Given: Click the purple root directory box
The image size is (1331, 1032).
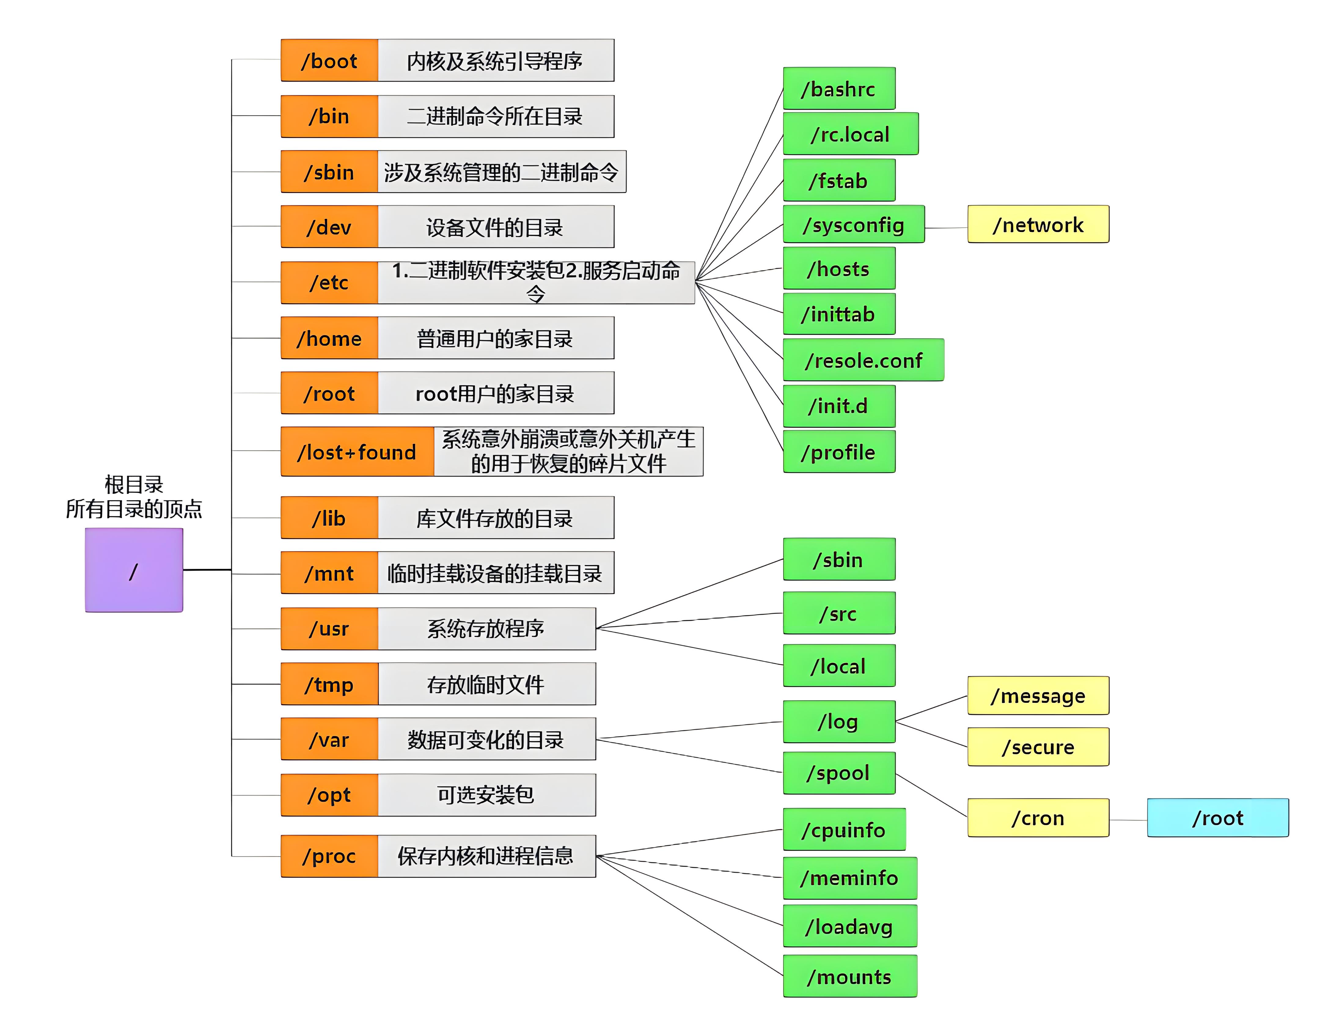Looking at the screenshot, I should (134, 570).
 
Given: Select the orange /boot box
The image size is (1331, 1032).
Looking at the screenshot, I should (329, 60).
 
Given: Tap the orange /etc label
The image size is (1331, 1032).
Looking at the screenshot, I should (329, 282).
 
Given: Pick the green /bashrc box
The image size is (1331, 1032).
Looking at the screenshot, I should (838, 89).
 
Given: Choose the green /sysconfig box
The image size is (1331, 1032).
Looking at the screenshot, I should (853, 225).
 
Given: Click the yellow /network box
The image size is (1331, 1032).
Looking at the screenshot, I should (1038, 225).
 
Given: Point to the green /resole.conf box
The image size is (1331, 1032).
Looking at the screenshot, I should (863, 360).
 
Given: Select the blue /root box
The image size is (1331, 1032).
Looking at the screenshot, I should (1217, 818).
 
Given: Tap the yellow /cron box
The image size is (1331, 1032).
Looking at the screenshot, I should (1038, 818).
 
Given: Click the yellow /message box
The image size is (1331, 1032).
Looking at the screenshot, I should (1038, 695).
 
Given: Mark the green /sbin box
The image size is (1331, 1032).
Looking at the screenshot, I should (838, 560).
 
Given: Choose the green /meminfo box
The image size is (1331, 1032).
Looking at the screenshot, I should (849, 878).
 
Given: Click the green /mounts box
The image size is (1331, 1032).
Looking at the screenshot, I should (849, 977).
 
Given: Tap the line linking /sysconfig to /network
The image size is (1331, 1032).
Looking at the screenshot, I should (946, 228).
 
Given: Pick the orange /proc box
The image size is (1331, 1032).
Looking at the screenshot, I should (329, 856).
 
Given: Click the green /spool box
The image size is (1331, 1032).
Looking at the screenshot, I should (838, 773).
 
